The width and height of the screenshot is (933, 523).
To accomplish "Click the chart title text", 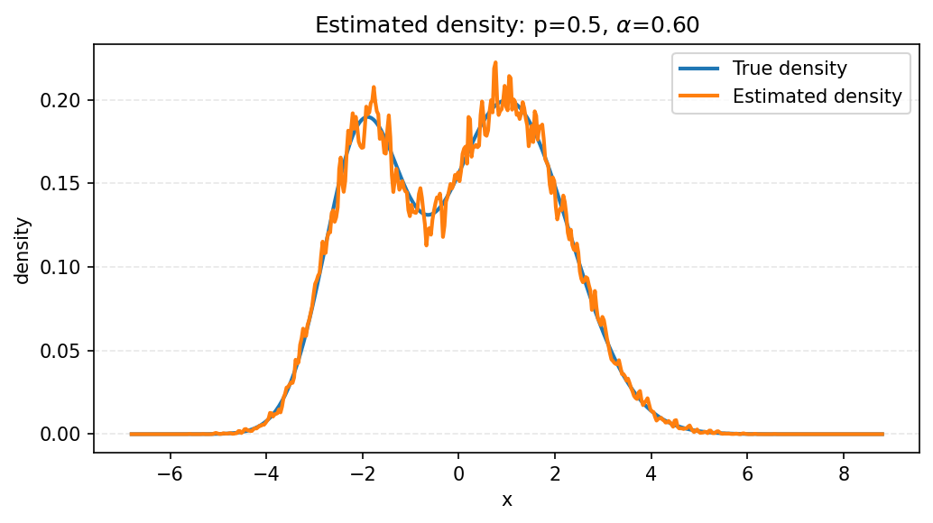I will pyautogui.click(x=506, y=25).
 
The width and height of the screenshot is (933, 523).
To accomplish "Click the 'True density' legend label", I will pyautogui.click(x=790, y=69).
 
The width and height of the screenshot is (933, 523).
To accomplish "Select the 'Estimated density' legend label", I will pyautogui.click(x=817, y=96).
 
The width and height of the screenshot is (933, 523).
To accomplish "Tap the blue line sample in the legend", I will pyautogui.click(x=699, y=69).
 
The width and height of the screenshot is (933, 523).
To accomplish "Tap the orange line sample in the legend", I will pyautogui.click(x=699, y=96).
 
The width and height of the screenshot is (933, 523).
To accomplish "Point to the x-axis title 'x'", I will pyautogui.click(x=506, y=500).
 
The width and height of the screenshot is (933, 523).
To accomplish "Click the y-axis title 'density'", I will pyautogui.click(x=23, y=250).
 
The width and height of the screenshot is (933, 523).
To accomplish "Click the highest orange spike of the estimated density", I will pyautogui.click(x=495, y=64).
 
